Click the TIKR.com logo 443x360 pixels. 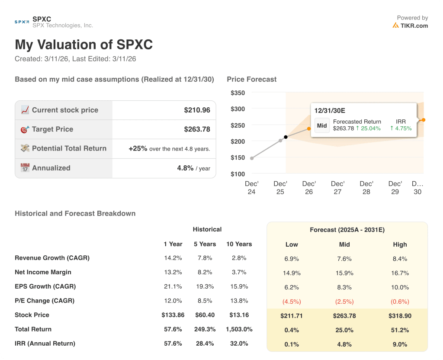tap(410, 26)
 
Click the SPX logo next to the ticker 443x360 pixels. tap(22, 22)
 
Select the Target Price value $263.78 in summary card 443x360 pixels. tap(197, 129)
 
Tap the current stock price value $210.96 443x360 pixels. tap(197, 110)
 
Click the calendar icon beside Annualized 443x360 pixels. tap(25, 168)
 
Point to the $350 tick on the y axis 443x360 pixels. tap(238, 93)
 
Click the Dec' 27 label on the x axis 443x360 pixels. tap(337, 188)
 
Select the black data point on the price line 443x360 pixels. tap(286, 137)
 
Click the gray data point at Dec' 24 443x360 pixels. tap(252, 158)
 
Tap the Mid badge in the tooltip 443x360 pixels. tap(322, 125)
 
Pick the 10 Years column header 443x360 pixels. tap(239, 244)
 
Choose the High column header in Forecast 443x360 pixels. tap(400, 244)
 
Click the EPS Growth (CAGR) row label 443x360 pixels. tap(45, 286)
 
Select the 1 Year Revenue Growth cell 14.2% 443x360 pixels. tap(173, 258)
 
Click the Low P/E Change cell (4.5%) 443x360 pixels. tap(292, 302)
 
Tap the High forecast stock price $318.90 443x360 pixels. tap(400, 316)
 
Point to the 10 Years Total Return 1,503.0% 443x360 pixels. tap(239, 329)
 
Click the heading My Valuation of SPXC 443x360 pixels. tap(83, 45)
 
